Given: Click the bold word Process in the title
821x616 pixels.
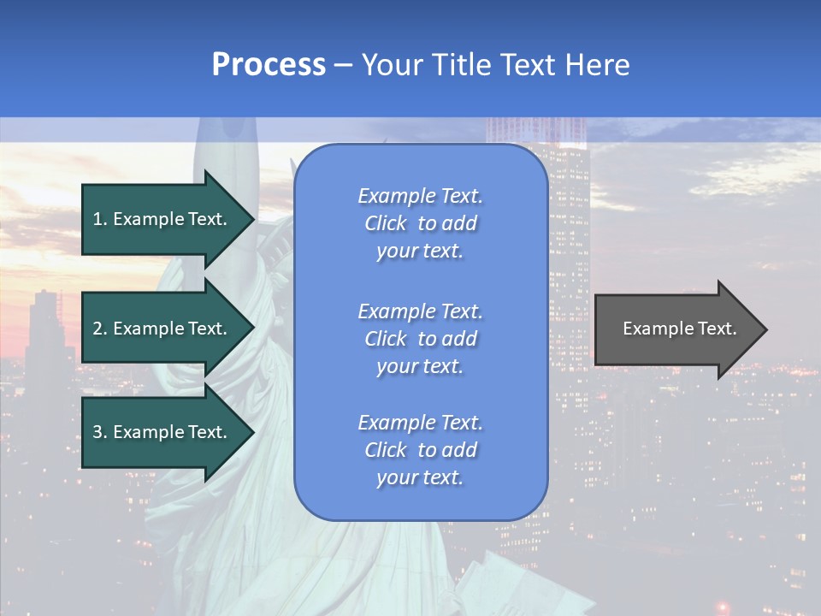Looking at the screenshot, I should coord(269,65).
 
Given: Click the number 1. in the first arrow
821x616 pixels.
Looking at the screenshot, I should coord(100,219).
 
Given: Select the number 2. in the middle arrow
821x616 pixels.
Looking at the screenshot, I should coord(100,329).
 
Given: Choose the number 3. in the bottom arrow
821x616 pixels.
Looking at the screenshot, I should coord(100,432).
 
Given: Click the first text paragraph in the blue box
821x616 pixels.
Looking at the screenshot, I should coord(420,223).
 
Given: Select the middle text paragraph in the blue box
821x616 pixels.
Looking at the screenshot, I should coord(420,339).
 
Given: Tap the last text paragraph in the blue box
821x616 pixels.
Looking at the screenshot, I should coord(420,450).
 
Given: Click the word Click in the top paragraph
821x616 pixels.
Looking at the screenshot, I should coord(386,223).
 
